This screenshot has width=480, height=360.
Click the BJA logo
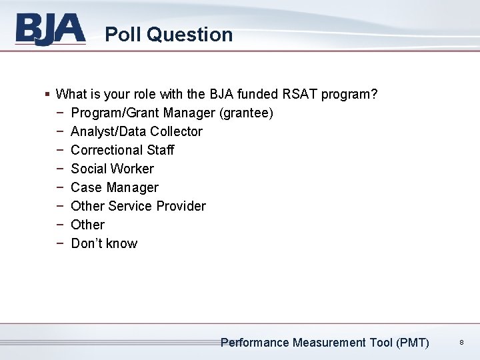[51, 30]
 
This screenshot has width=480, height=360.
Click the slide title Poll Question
[169, 35]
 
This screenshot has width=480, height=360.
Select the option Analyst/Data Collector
[136, 131]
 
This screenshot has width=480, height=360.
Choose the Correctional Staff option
[122, 150]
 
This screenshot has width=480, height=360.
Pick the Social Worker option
[112, 169]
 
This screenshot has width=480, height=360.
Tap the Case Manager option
[114, 187]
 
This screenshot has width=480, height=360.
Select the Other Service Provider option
[138, 206]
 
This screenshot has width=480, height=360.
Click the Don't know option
[104, 243]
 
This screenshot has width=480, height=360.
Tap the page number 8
[461, 343]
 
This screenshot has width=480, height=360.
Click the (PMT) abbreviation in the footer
[412, 343]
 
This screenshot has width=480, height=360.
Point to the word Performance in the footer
[255, 343]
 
